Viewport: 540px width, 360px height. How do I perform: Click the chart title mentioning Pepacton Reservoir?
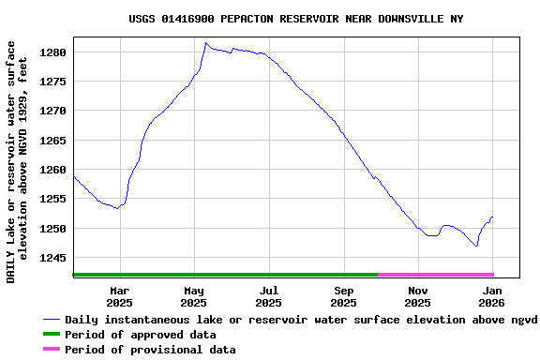(295, 19)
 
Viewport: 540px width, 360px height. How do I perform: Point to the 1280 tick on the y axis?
(52, 52)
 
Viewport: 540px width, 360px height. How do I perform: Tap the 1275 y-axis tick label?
(52, 82)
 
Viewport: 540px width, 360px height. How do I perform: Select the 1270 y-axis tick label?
(52, 111)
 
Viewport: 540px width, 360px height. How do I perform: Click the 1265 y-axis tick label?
(52, 141)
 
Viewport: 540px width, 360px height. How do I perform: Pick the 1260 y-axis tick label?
(52, 170)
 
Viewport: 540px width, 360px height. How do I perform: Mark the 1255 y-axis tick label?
(52, 199)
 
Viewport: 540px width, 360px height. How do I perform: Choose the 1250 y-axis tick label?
(52, 229)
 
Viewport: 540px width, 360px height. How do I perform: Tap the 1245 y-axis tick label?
(52, 258)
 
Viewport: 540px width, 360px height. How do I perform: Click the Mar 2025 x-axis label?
(119, 296)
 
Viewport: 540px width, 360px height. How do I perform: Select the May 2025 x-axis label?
(193, 296)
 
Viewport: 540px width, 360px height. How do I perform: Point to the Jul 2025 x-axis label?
(268, 296)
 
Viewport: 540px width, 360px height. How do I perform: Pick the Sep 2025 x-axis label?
(344, 296)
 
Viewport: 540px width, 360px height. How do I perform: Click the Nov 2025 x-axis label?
(418, 296)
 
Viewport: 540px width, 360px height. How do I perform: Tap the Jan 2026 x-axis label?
(492, 296)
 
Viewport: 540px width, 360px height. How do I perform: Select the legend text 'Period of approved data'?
(141, 335)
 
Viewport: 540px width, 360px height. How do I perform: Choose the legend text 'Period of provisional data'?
(150, 350)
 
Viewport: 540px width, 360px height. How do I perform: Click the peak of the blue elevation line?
(206, 43)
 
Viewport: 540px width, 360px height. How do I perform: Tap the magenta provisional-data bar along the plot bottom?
(436, 275)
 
